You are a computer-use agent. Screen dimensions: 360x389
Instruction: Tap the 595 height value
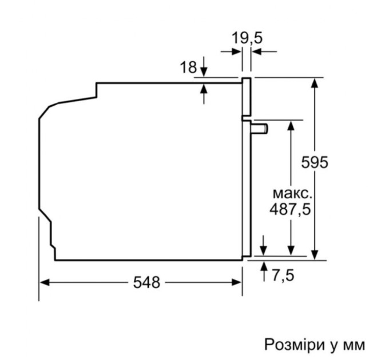tap(315, 163)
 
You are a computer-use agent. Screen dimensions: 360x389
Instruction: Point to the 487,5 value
tap(290, 209)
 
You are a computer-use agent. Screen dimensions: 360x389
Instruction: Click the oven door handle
tap(259, 128)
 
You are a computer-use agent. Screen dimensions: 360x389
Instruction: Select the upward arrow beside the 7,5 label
tap(264, 266)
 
